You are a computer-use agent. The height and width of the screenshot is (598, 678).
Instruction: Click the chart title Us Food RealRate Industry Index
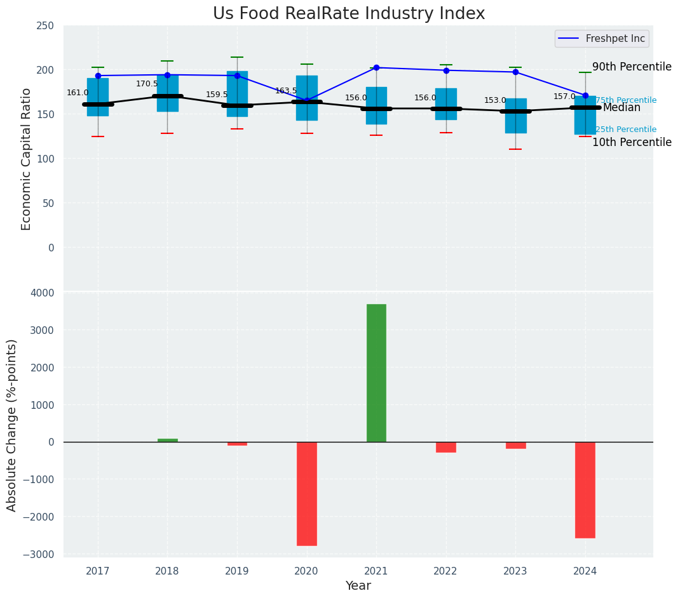pyautogui.click(x=349, y=14)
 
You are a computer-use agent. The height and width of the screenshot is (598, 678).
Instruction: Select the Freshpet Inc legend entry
pyautogui.click(x=601, y=39)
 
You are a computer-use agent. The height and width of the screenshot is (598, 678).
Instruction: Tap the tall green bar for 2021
pyautogui.click(x=376, y=373)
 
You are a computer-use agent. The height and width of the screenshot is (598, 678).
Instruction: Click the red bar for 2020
pyautogui.click(x=306, y=493)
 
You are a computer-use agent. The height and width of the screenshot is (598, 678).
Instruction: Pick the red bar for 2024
pyautogui.click(x=585, y=489)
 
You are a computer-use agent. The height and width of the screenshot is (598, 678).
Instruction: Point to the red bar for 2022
pyautogui.click(x=446, y=447)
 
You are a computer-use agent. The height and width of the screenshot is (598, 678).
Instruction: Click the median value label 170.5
pyautogui.click(x=147, y=84)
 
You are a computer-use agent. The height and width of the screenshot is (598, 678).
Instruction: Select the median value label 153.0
pyautogui.click(x=495, y=100)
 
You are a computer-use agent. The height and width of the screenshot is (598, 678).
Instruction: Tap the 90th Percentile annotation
pyautogui.click(x=632, y=67)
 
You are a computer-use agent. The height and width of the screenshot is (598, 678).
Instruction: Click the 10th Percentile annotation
pyautogui.click(x=632, y=142)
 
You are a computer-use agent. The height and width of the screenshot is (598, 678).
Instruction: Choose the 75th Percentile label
pyautogui.click(x=626, y=100)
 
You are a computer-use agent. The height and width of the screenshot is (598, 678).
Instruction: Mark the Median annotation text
pyautogui.click(x=621, y=108)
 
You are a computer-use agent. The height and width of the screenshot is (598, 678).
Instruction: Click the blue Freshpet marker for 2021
pyautogui.click(x=376, y=67)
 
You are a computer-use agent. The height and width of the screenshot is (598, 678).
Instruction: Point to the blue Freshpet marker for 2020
pyautogui.click(x=306, y=100)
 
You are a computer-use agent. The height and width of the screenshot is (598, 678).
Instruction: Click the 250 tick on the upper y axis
pyautogui.click(x=45, y=25)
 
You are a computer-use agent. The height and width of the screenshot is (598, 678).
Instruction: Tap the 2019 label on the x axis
pyautogui.click(x=237, y=571)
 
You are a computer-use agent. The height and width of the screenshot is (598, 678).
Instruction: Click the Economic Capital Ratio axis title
pyautogui.click(x=27, y=158)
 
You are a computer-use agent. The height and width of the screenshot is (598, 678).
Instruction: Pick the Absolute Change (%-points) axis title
pyautogui.click(x=12, y=425)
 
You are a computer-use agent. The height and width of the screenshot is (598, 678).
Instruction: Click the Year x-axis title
pyautogui.click(x=358, y=586)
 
